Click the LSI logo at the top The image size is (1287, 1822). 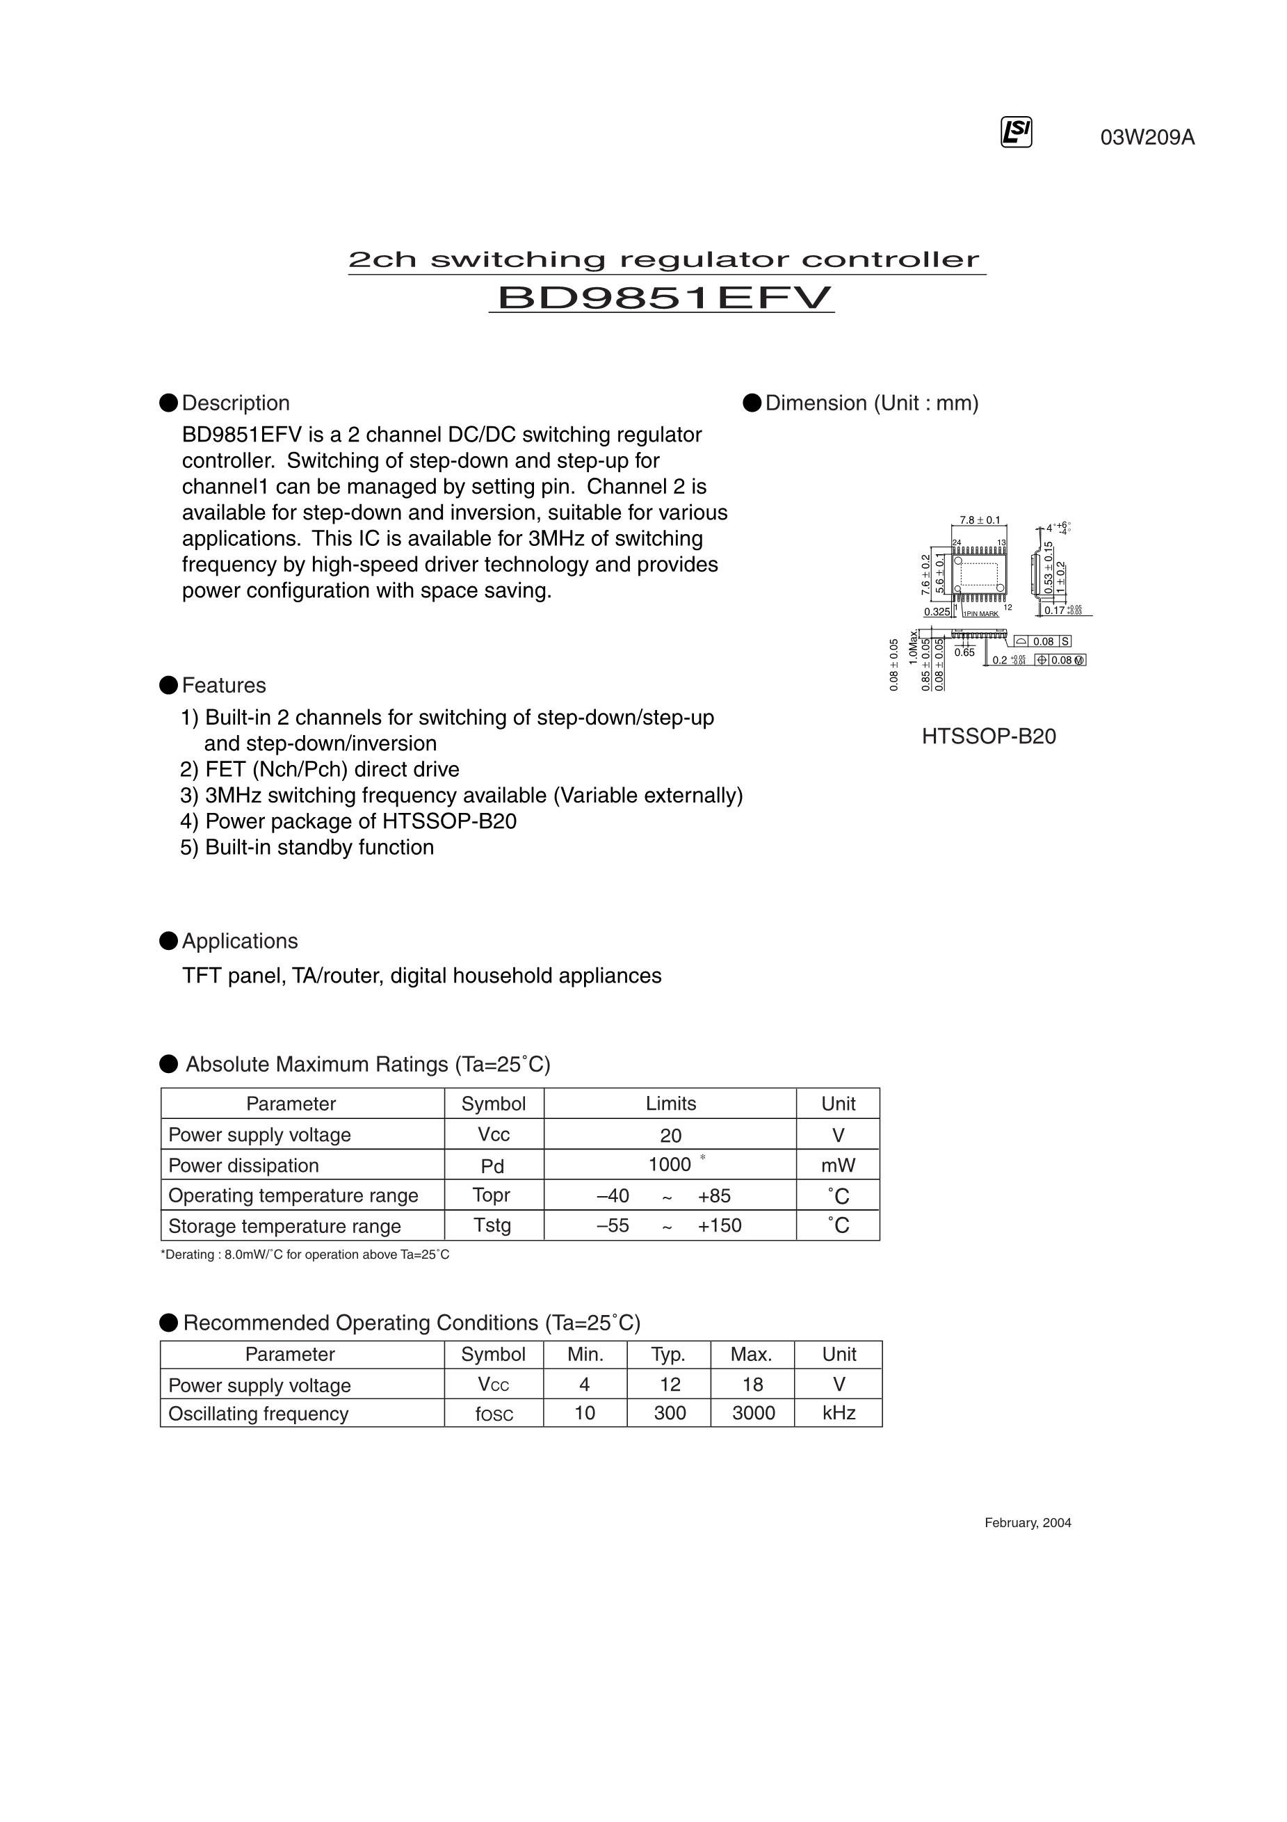pos(1017,133)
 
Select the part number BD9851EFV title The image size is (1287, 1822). pos(663,298)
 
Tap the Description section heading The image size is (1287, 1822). pos(235,403)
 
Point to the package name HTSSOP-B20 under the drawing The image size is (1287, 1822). pos(989,736)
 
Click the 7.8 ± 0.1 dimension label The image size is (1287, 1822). pos(979,521)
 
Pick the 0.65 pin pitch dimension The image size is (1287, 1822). pos(964,652)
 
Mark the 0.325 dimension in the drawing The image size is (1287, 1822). pos(937,612)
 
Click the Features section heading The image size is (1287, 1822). pos(224,686)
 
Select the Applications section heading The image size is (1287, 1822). pos(240,941)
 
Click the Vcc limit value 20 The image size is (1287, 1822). pos(670,1136)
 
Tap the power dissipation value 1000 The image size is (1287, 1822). pos(670,1164)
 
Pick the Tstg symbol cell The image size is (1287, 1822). pos(492,1225)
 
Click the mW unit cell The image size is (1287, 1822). pos(838,1165)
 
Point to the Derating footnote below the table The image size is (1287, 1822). pos(305,1255)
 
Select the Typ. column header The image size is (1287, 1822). pos(668,1354)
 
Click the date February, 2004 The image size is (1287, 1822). pos(1028,1523)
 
